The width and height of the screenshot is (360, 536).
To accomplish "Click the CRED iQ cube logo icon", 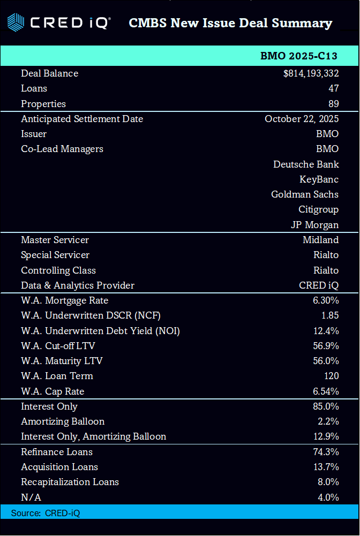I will click(16, 23).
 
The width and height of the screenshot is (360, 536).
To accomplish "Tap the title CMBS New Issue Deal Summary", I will click(230, 23).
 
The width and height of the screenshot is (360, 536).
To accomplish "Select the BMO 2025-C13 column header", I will click(299, 56).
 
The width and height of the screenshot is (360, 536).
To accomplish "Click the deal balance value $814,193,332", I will click(311, 73).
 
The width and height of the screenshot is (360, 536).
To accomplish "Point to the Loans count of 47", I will click(333, 88).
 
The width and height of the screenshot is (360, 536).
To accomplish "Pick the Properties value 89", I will click(333, 104).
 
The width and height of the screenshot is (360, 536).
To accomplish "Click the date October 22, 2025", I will click(302, 119).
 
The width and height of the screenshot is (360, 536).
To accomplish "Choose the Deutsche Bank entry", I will click(306, 164).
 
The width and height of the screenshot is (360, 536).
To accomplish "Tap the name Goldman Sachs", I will click(305, 194).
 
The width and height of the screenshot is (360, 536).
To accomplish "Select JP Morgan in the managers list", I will click(314, 225).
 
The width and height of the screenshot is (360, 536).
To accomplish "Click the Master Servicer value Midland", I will click(320, 240).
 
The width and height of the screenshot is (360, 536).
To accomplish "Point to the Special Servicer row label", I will click(55, 255).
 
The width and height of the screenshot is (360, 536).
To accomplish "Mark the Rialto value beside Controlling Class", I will click(326, 270).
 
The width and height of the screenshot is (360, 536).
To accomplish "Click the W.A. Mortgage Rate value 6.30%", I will click(326, 300).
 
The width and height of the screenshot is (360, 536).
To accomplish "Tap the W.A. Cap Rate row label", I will click(52, 391).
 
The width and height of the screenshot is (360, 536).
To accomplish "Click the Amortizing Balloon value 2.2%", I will click(328, 421).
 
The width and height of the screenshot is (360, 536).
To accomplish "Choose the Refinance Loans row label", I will click(57, 452).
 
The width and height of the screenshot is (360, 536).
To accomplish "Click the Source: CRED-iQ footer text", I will click(46, 513).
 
